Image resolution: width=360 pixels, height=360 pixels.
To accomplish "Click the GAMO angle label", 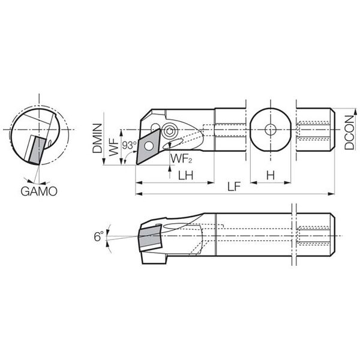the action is click(x=39, y=191).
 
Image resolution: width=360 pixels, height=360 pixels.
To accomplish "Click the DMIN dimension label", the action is click(x=97, y=138).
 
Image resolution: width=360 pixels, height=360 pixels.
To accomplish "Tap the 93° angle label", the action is click(x=129, y=145).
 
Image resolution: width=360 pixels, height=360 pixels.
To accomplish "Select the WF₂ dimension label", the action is click(x=181, y=158).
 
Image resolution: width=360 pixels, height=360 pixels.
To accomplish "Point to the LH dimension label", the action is click(x=186, y=176).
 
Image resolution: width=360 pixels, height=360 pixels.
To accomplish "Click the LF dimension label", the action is click(x=234, y=187).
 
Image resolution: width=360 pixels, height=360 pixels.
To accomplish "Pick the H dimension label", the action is click(x=271, y=176).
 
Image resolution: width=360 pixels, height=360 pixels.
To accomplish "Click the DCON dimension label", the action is click(x=349, y=133).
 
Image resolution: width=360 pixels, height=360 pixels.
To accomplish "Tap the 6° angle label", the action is click(x=99, y=236).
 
